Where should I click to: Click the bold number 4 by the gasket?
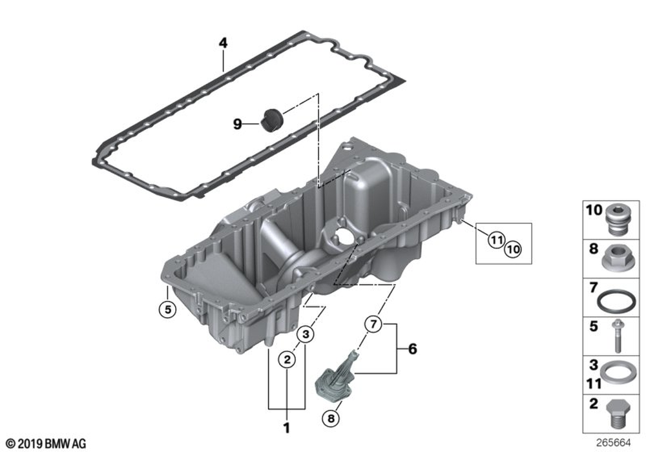[x=223, y=43]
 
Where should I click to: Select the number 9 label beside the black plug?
[x=238, y=123]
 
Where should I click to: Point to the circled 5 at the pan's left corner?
[x=167, y=309]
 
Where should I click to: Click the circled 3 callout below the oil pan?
[x=306, y=334]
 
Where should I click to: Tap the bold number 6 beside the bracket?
[x=412, y=349]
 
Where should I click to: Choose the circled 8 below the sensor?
[x=332, y=418]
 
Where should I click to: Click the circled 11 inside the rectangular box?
[x=495, y=240]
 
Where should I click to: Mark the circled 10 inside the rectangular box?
[x=512, y=247]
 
